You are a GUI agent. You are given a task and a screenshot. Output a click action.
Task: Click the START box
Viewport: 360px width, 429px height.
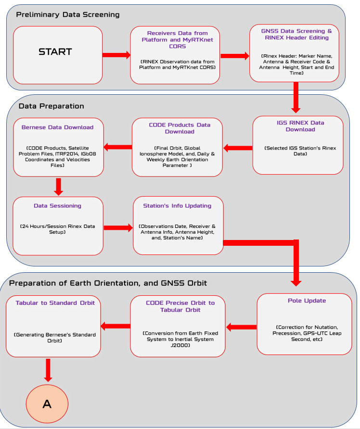coord(58,55)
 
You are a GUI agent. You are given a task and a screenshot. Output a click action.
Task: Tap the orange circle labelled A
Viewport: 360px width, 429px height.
coord(47,404)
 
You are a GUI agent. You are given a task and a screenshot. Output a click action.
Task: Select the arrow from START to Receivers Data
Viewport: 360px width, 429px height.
coord(116,55)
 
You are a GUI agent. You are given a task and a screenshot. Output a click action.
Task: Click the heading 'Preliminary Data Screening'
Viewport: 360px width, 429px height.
coord(68,14)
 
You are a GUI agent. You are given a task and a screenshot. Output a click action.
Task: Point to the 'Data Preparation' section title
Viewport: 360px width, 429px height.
coord(51,106)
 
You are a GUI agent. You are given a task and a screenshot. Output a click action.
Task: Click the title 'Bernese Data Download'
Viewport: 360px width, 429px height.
coord(57,127)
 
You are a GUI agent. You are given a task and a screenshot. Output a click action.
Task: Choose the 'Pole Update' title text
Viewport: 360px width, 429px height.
coord(307,301)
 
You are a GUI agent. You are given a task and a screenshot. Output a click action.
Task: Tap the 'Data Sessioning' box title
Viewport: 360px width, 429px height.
coord(57,206)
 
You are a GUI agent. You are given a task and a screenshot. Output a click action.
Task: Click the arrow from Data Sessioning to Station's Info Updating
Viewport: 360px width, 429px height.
coord(118,227)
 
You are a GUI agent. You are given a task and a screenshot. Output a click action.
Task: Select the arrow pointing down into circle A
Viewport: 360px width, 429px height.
coord(48,370)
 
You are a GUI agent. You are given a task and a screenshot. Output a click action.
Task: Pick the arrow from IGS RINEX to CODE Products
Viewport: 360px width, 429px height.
coord(238,148)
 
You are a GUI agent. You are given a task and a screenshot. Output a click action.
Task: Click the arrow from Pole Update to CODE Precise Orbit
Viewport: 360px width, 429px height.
coord(241,327)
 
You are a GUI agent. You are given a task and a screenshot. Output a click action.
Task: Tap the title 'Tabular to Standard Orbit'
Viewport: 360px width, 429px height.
coord(55,303)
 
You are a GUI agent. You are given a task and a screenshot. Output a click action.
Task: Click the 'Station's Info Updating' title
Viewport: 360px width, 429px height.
coord(177,206)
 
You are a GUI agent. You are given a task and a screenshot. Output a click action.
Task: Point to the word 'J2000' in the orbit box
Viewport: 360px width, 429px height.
coord(180,345)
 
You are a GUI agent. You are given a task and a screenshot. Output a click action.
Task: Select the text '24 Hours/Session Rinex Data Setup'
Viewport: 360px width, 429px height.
coord(57,229)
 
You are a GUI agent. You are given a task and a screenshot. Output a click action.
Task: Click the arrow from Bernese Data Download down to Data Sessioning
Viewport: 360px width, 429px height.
coord(59,187)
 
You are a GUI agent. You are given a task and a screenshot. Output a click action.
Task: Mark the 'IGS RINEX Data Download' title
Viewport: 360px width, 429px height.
coord(300,126)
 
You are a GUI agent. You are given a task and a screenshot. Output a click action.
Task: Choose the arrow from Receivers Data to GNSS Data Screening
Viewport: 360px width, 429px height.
coord(235,56)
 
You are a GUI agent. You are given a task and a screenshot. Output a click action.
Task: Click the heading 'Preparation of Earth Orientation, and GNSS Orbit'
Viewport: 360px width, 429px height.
coord(108,283)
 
